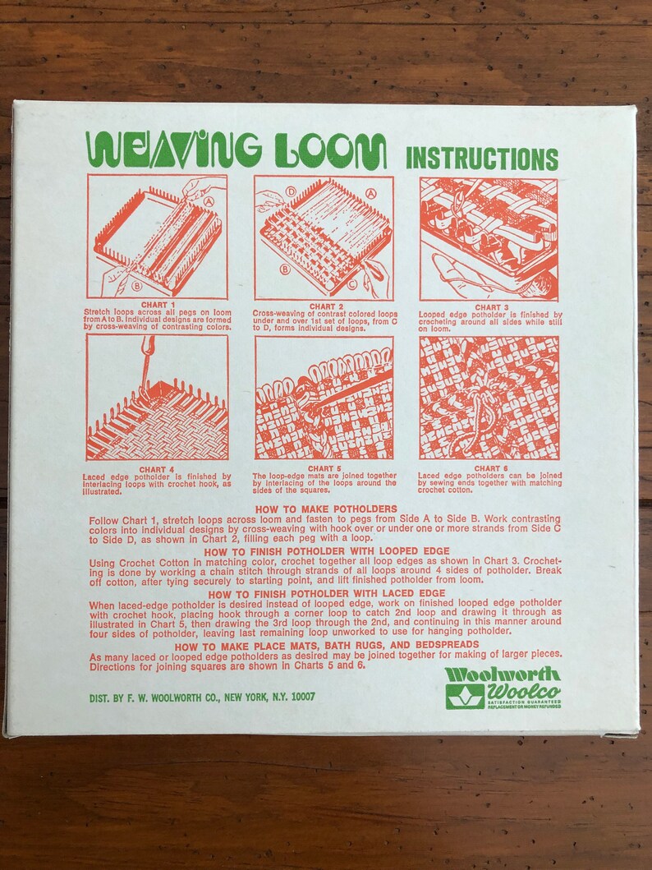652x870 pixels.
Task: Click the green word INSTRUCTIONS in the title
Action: pyautogui.click(x=482, y=158)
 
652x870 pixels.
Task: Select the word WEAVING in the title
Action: pyautogui.click(x=174, y=150)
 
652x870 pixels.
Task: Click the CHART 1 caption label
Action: pyautogui.click(x=157, y=306)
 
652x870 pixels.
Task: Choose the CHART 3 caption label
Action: pyautogui.click(x=489, y=306)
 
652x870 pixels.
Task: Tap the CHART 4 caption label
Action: pyautogui.click(x=157, y=469)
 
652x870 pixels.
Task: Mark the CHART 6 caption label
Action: pyautogui.click(x=489, y=469)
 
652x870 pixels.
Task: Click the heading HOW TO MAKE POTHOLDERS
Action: pyautogui.click(x=325, y=509)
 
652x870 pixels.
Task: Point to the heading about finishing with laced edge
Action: pyautogui.click(x=325, y=593)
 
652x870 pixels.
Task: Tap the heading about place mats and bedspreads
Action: pyautogui.click(x=325, y=646)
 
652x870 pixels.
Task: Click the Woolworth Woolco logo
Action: pyautogui.click(x=503, y=687)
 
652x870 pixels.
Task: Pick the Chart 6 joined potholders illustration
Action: pyautogui.click(x=489, y=398)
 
